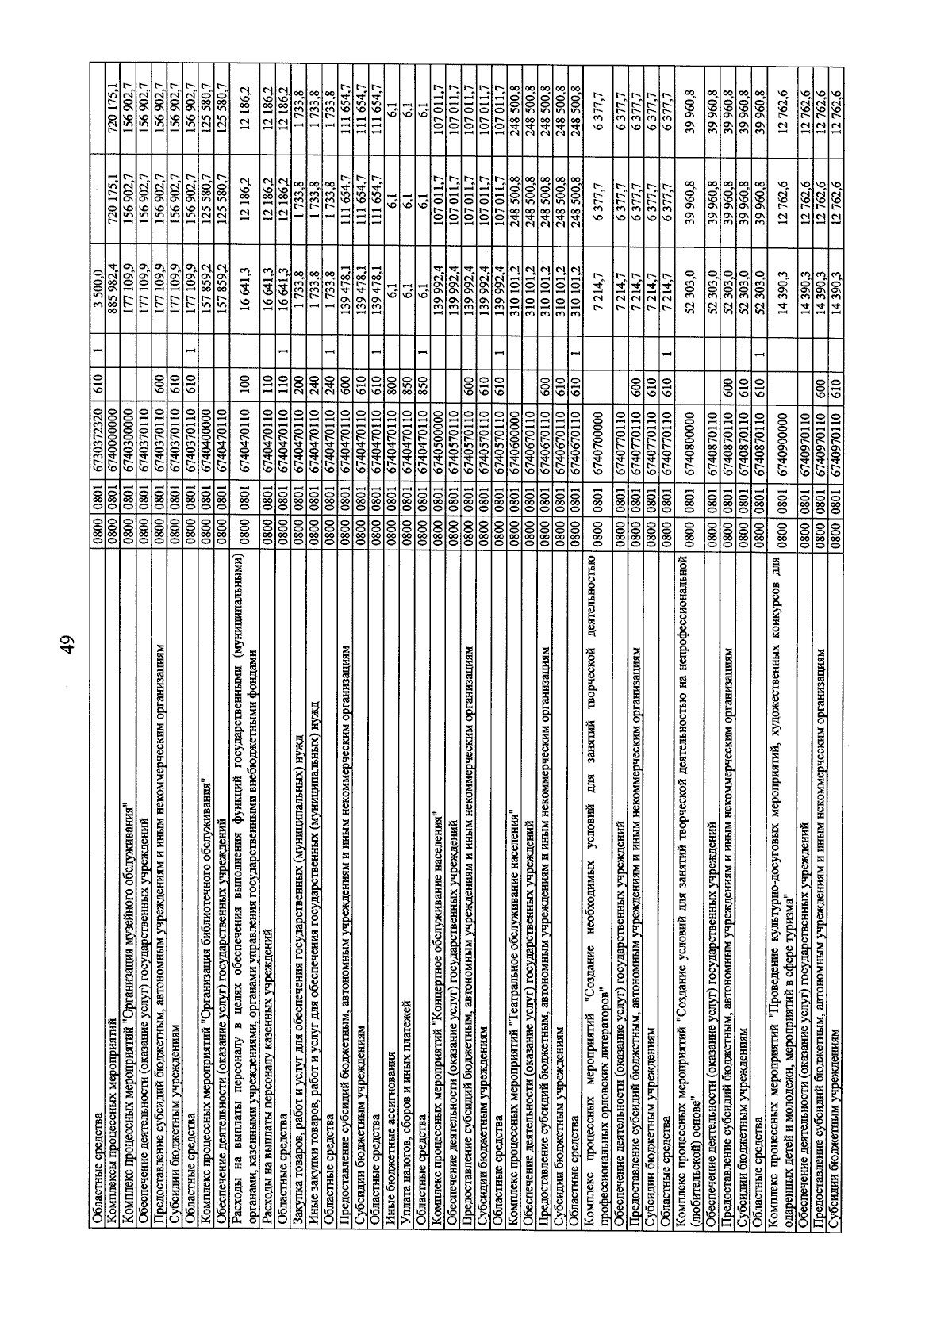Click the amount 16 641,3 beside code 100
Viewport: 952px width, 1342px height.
click(244, 276)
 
